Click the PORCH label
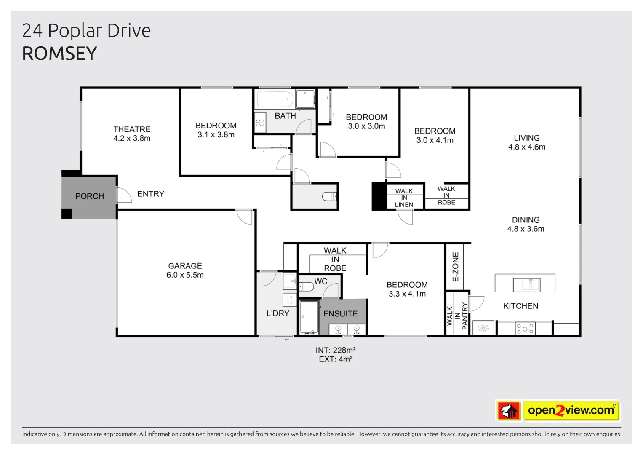point(89,196)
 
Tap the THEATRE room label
point(132,129)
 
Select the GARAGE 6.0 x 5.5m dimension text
point(185,275)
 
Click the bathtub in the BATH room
point(275,99)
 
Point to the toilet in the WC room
point(307,287)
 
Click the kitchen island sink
point(526,285)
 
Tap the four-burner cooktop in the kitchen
point(525,329)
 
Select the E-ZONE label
point(456,267)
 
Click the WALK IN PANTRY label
point(457,316)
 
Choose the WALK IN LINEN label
point(404,198)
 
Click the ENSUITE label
point(340,314)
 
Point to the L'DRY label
point(277,313)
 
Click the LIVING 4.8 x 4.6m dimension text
point(526,147)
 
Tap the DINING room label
point(526,220)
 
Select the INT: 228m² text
point(336,350)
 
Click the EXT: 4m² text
point(336,359)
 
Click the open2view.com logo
point(571,410)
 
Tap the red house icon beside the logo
point(509,410)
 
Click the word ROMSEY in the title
point(59,54)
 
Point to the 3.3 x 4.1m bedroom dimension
point(407,294)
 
